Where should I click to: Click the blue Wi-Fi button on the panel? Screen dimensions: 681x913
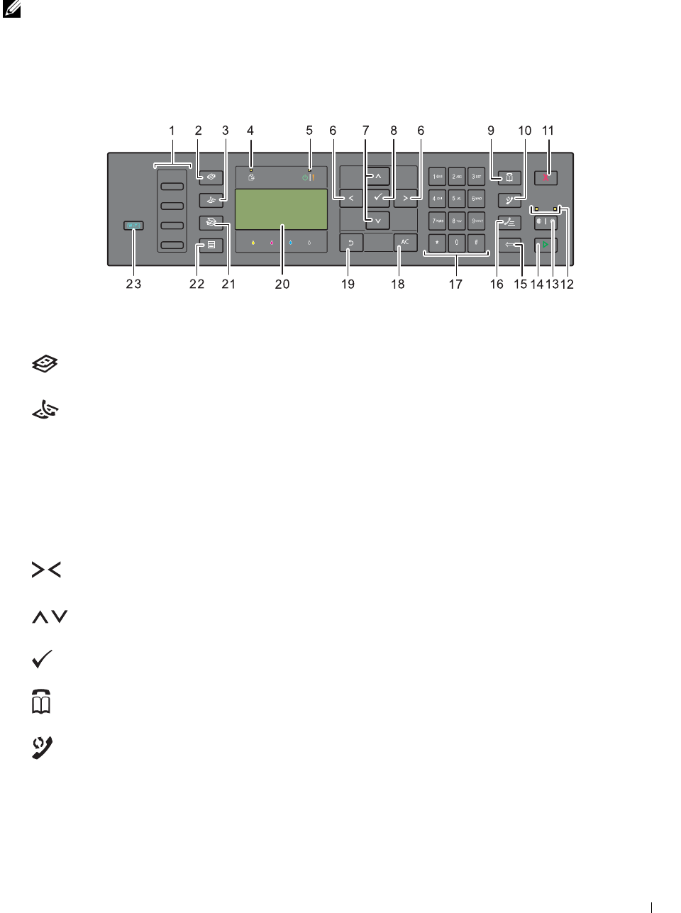[x=133, y=226]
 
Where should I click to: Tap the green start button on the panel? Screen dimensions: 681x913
[x=546, y=246]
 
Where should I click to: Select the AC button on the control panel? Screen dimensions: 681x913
[x=405, y=243]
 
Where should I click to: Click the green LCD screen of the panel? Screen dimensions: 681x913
[x=281, y=209]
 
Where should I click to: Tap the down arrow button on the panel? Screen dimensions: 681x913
[x=377, y=221]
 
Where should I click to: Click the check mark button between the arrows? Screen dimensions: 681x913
[x=378, y=198]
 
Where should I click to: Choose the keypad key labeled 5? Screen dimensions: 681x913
[x=457, y=199]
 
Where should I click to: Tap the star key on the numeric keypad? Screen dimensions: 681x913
[x=437, y=243]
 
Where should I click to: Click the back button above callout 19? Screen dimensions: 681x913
[x=351, y=243]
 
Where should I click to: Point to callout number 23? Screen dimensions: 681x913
[x=133, y=284]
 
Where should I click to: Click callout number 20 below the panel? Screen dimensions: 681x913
[x=282, y=284]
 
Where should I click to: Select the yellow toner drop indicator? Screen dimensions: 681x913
[x=253, y=243]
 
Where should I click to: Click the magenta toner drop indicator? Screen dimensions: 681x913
[x=272, y=243]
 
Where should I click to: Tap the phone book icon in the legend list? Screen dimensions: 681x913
[x=42, y=702]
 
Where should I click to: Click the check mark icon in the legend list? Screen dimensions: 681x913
[x=43, y=659]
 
